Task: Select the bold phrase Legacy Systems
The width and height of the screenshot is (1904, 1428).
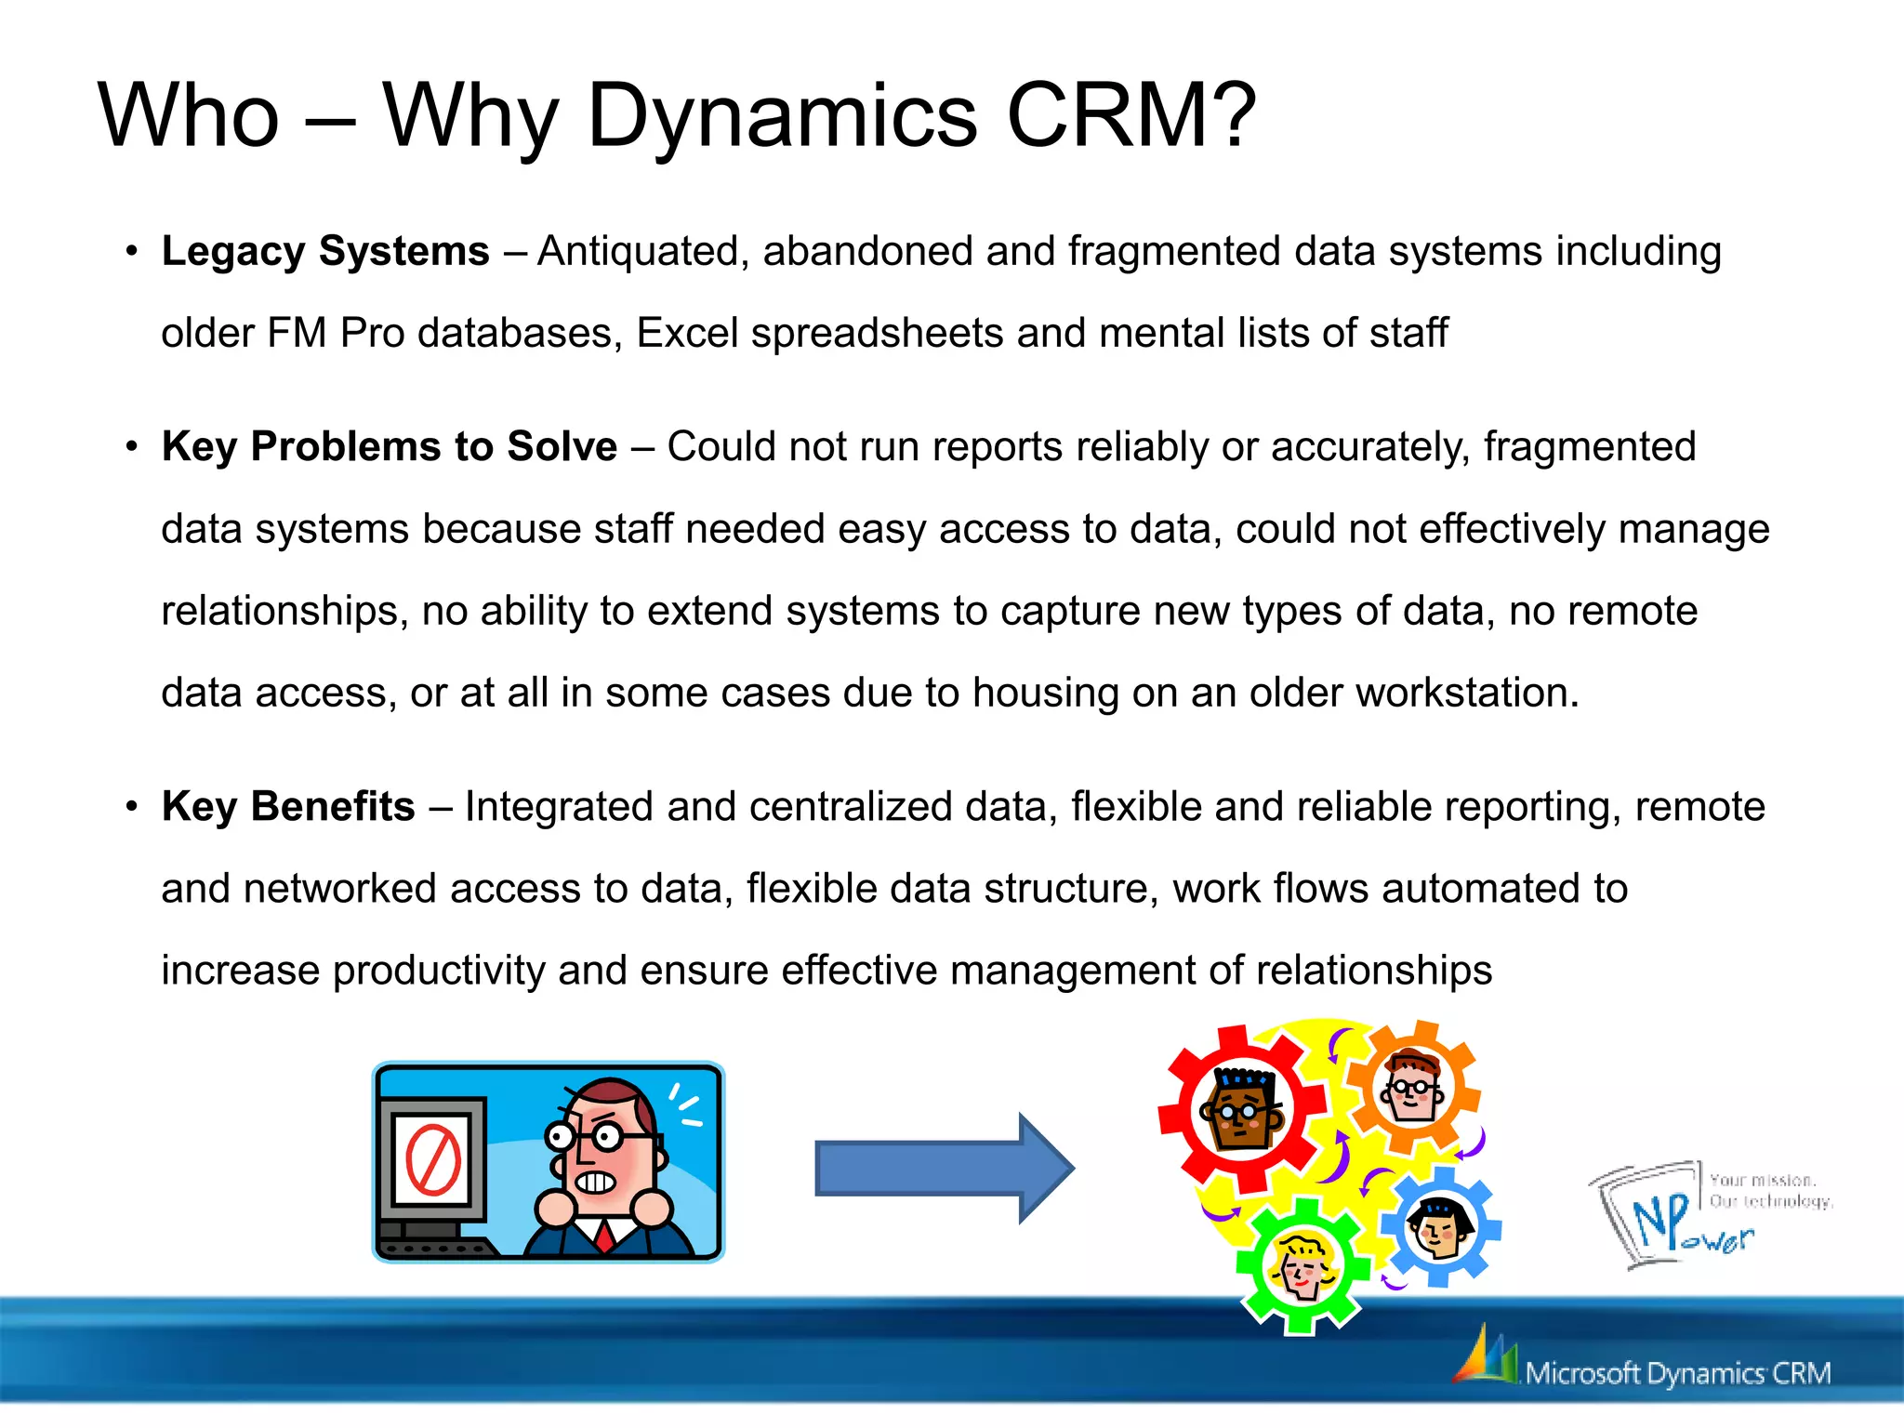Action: tap(325, 251)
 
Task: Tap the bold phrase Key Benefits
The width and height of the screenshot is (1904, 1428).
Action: tap(288, 806)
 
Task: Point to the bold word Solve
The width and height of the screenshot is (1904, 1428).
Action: tap(562, 446)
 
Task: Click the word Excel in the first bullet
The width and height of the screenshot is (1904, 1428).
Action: tap(687, 333)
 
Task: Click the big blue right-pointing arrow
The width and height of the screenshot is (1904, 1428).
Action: tap(944, 1168)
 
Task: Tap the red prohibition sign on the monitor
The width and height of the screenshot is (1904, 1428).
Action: tap(433, 1160)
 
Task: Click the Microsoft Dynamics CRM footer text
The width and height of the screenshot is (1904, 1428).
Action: tap(1677, 1373)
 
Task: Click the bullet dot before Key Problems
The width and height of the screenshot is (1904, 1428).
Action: tap(132, 447)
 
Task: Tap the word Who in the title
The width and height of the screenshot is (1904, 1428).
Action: tap(189, 115)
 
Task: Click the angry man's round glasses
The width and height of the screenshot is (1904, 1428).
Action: tap(586, 1135)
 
